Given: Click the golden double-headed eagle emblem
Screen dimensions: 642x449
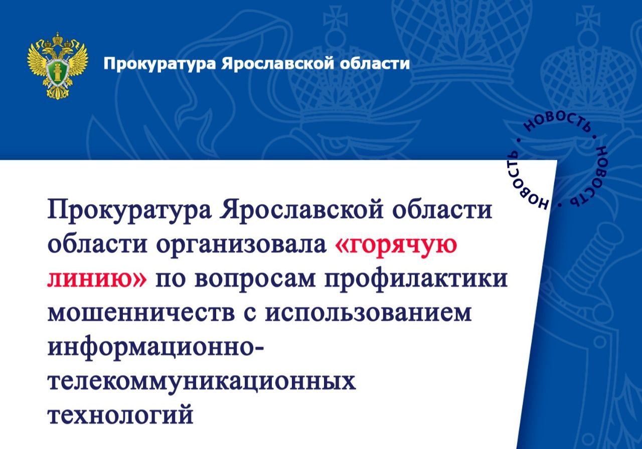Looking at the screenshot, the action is (58, 66).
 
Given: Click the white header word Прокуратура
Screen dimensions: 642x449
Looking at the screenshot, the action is (159, 64).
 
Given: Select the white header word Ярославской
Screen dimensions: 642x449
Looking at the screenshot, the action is (278, 64).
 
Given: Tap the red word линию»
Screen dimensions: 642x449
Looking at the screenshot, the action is (97, 279).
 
